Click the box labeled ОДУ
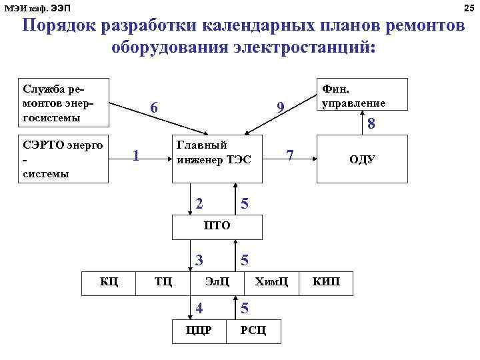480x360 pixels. click(361, 159)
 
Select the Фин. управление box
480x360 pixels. click(362, 95)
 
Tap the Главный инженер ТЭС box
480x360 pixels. click(214, 153)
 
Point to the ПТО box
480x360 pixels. click(217, 226)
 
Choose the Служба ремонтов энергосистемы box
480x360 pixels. click(64, 102)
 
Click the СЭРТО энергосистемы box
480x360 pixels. click(64, 159)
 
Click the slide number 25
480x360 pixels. click(468, 7)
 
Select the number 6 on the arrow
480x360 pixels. click(154, 108)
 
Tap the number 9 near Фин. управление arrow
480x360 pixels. click(281, 108)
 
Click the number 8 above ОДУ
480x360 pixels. click(372, 124)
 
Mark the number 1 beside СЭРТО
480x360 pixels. click(135, 155)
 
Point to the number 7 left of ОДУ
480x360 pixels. click(290, 155)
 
